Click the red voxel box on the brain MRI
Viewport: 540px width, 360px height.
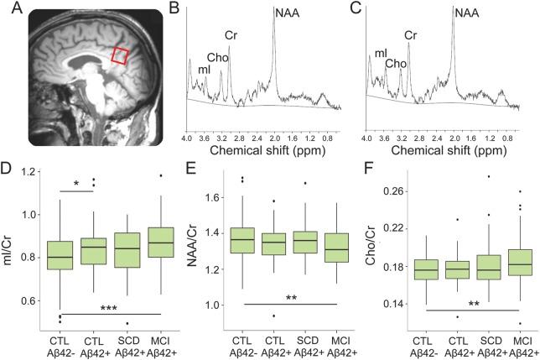(122, 56)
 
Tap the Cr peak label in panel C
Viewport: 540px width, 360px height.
(411, 35)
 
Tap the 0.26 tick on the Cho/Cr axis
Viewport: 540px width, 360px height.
(398, 191)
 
